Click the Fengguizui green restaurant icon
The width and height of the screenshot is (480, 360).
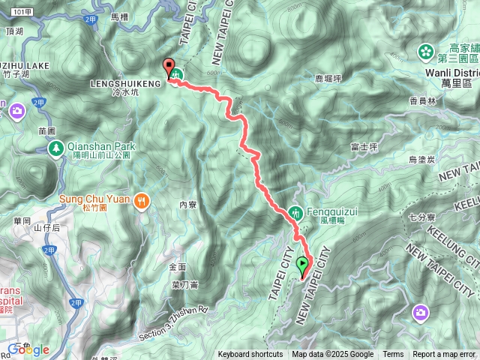295,212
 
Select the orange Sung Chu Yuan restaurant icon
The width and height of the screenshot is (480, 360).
142,200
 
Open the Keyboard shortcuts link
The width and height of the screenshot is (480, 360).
250,355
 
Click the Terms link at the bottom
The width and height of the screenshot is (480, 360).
393,355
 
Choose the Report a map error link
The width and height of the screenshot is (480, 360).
443,355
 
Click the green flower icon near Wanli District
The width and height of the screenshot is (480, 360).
425,52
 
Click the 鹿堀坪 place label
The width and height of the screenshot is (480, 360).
328,77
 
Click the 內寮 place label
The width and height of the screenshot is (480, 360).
187,204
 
